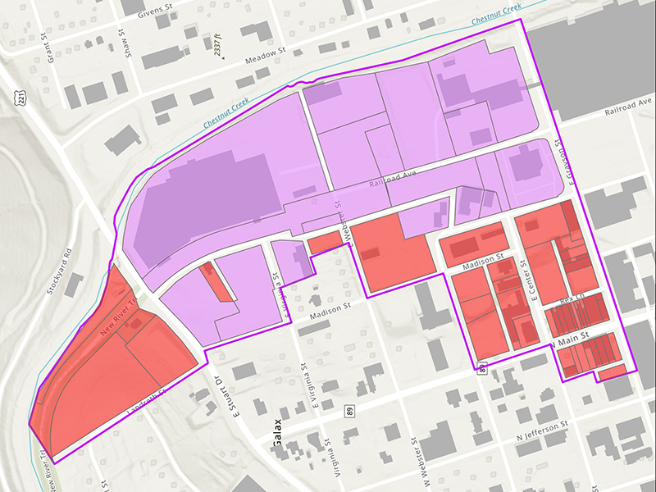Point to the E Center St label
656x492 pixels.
534,283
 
